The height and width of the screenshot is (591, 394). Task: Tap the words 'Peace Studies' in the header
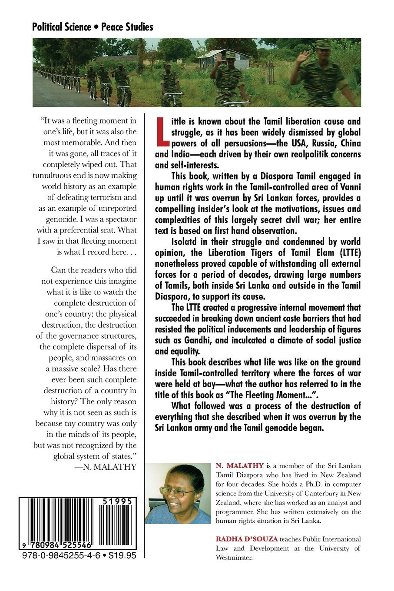pyautogui.click(x=127, y=27)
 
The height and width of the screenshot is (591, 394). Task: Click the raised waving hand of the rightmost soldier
pyautogui.click(x=303, y=56)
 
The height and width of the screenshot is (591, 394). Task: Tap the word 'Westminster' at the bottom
pyautogui.click(x=234, y=558)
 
